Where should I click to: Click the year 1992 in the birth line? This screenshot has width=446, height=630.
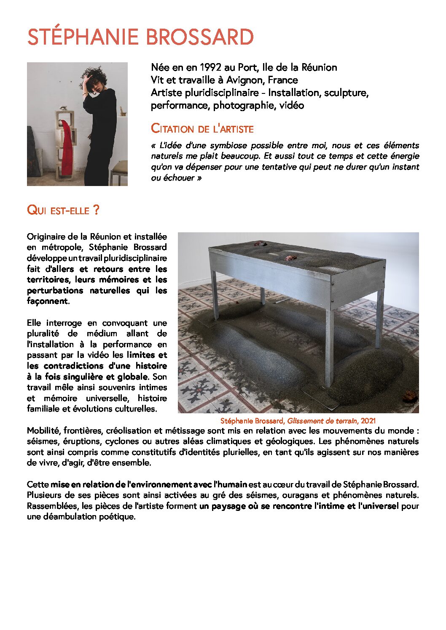click(x=210, y=67)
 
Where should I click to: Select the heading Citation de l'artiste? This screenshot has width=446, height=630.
click(x=202, y=128)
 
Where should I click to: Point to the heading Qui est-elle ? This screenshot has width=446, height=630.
click(x=63, y=210)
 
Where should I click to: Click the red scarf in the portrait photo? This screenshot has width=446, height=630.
click(x=67, y=147)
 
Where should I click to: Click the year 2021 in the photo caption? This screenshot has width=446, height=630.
click(x=368, y=420)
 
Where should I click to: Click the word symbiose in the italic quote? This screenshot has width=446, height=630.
click(x=228, y=146)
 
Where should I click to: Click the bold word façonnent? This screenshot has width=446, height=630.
click(x=47, y=301)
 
